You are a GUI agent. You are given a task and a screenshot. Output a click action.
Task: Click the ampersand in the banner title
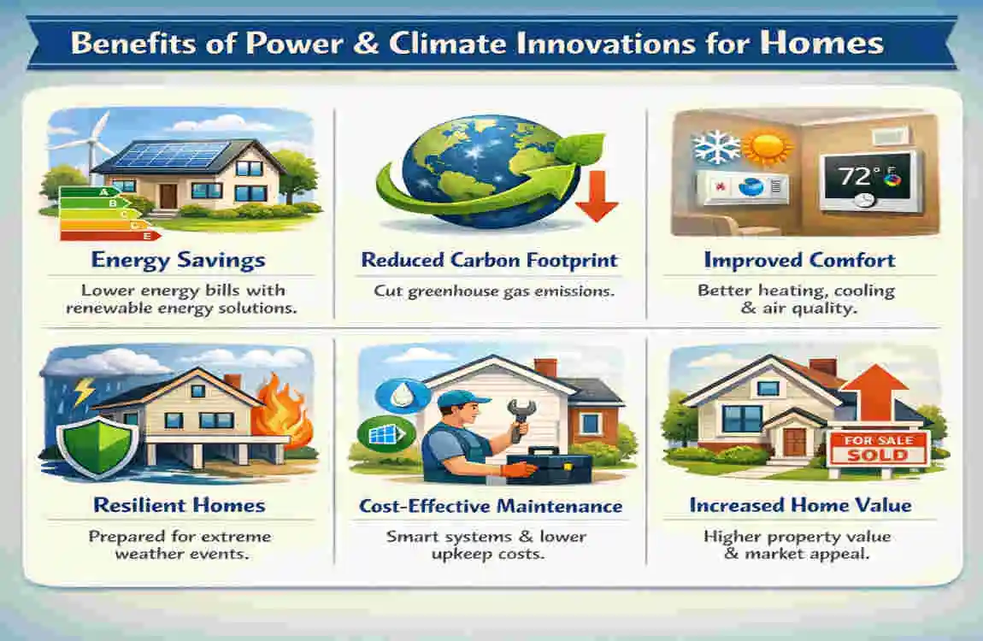[x=366, y=44]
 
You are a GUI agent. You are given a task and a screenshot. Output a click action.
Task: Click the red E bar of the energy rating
[x=110, y=236]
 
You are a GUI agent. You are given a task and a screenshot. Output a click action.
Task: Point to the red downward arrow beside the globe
[x=596, y=195]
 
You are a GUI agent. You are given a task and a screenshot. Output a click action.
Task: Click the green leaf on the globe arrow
[x=580, y=149]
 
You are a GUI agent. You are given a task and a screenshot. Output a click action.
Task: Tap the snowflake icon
[x=716, y=149]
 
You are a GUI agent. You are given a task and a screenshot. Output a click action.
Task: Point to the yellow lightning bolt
[x=84, y=391]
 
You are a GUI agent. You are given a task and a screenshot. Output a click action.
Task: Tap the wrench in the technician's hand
[x=521, y=419]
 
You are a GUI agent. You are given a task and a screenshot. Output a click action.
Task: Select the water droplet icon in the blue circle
[x=402, y=396]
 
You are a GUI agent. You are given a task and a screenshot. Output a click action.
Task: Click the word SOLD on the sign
[x=877, y=455]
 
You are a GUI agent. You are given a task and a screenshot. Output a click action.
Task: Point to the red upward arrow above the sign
[x=873, y=396]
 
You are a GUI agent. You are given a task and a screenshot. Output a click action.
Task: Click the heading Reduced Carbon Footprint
[x=490, y=260]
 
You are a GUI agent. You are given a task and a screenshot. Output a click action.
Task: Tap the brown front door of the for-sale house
[x=794, y=443]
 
